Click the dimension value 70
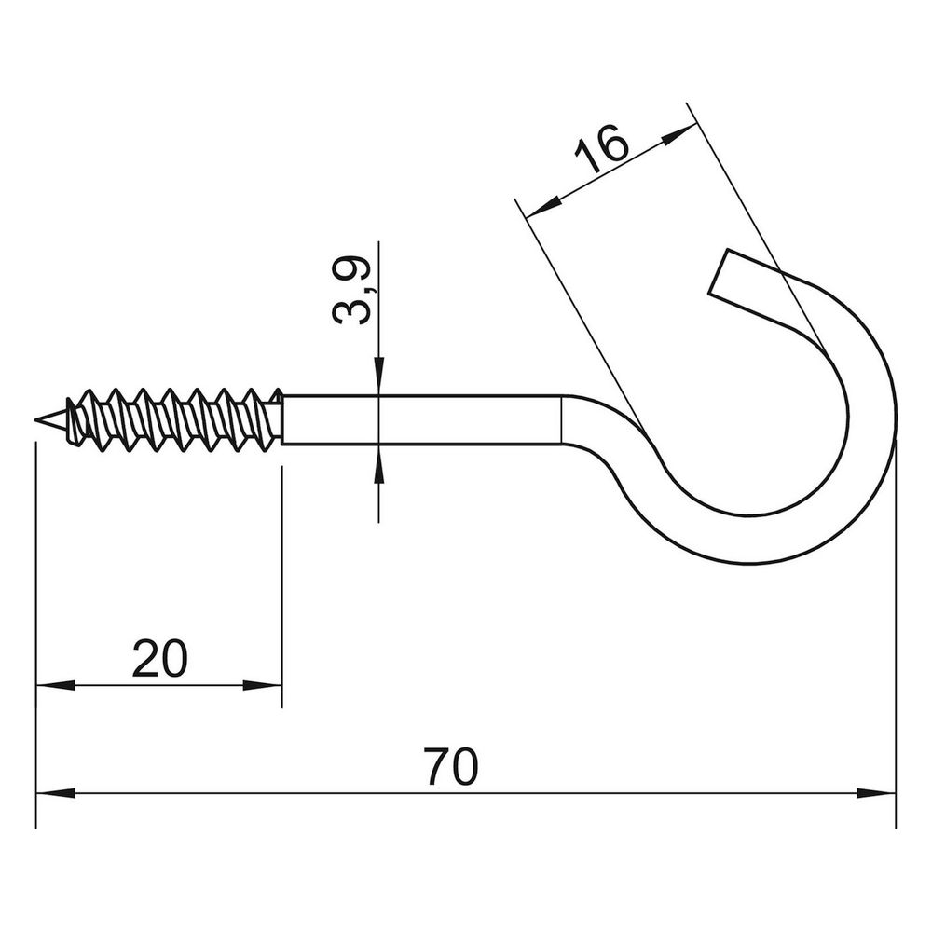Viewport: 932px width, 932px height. [450, 767]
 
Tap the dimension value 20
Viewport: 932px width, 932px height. [159, 659]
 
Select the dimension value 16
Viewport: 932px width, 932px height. [601, 147]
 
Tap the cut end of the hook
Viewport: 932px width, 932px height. [718, 271]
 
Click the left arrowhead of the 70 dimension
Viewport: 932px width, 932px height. [55, 793]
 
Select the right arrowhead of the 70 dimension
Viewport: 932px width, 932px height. [876, 793]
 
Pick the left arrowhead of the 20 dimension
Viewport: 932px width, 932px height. [55, 685]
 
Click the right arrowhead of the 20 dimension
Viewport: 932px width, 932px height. [262, 685]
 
